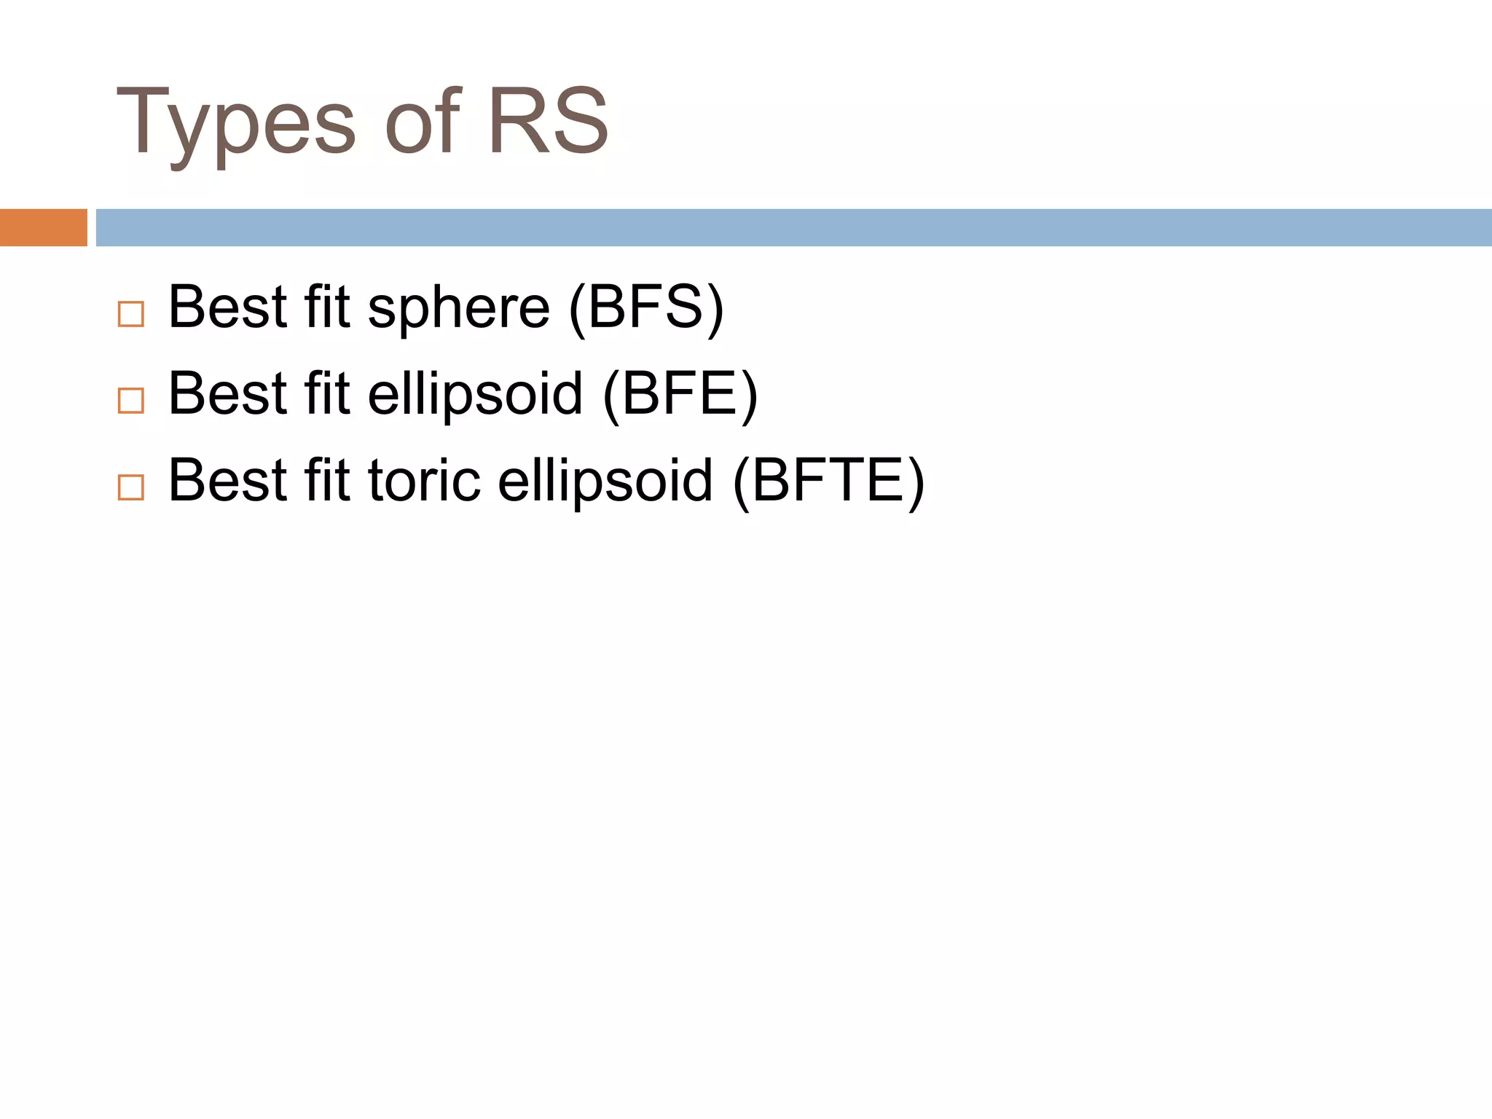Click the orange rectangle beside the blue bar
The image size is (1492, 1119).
(x=43, y=227)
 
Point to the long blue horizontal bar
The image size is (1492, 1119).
(x=793, y=227)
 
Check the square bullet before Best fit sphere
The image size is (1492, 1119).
(x=131, y=314)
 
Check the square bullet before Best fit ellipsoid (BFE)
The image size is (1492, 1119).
(x=131, y=401)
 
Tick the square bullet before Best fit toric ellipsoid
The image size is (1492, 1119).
(x=131, y=487)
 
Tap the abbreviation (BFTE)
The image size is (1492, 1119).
(x=828, y=481)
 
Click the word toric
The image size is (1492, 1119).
(x=424, y=481)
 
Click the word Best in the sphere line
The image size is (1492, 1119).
(x=228, y=307)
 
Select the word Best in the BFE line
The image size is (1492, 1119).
(x=228, y=394)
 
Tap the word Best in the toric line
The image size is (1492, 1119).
(x=228, y=481)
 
